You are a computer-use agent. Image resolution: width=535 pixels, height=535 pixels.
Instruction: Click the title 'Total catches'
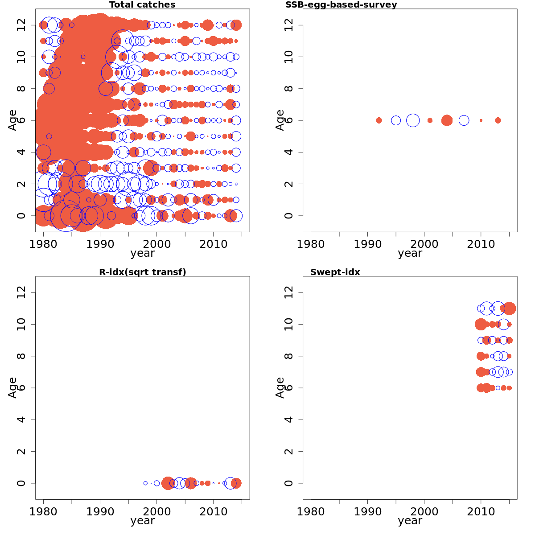(x=142, y=5)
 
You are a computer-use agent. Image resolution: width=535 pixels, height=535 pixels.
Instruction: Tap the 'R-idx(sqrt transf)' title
(x=142, y=272)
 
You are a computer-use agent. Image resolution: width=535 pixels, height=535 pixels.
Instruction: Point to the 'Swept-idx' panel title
(x=335, y=272)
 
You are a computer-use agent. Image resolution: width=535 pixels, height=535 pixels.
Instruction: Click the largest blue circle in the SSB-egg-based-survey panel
(x=413, y=120)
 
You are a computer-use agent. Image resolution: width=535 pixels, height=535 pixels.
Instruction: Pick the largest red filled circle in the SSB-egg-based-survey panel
(x=447, y=120)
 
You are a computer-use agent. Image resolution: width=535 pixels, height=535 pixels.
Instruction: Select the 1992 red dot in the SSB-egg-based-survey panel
(x=379, y=120)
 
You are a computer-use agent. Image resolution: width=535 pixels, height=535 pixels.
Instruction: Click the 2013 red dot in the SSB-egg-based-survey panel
(x=498, y=120)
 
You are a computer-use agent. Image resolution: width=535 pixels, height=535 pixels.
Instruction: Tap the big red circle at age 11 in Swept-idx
(x=509, y=308)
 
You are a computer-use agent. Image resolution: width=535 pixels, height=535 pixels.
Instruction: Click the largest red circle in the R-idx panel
(x=168, y=483)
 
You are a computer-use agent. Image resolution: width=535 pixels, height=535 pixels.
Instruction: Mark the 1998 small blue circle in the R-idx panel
(x=145, y=483)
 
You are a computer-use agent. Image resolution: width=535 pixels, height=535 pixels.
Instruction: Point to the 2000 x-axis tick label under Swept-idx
(x=424, y=511)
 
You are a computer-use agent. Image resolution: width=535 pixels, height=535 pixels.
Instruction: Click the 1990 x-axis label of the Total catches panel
(x=100, y=244)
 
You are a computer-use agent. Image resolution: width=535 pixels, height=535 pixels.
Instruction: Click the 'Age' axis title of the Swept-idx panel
(x=280, y=387)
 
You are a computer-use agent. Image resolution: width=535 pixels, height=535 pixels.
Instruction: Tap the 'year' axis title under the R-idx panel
(x=142, y=521)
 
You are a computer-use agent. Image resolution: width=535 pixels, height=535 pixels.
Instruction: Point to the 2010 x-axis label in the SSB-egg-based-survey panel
(x=481, y=244)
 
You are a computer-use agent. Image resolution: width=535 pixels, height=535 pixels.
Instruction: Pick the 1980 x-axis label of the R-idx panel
(x=43, y=511)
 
